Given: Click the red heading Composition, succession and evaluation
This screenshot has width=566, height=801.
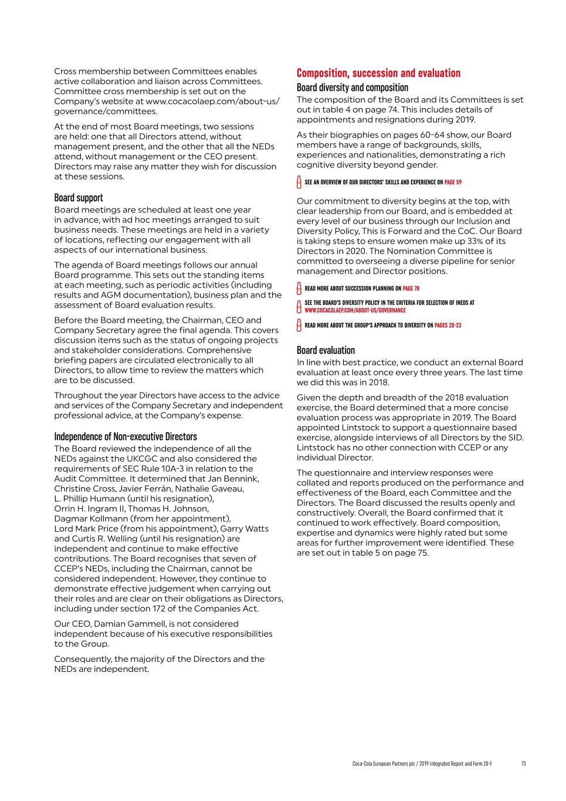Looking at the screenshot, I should [x=378, y=73].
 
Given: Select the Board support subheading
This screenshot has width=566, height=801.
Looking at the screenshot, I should [x=79, y=198].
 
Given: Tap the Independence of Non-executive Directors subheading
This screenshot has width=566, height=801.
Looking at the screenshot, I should [x=126, y=437].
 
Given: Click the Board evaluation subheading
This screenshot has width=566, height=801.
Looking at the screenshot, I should [x=326, y=350].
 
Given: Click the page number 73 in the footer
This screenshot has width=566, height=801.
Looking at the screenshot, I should [x=523, y=763].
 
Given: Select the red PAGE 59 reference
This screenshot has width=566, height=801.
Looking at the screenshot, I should [x=453, y=182].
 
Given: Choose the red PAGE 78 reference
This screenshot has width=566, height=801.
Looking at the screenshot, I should [x=411, y=289].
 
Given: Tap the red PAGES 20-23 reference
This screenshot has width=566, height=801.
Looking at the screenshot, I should [x=448, y=325].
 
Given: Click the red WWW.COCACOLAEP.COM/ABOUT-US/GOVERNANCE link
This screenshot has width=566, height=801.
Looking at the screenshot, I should [x=355, y=310].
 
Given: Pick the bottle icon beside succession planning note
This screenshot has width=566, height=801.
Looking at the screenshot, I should [x=299, y=289].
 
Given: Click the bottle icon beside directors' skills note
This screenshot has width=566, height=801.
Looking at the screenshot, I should [x=299, y=182].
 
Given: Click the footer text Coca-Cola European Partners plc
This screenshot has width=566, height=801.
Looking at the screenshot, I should [x=382, y=763].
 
